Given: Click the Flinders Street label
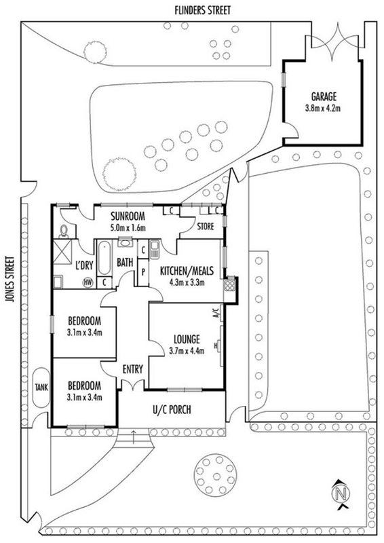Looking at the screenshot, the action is point(203,10).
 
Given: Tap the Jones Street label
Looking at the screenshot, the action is point(11,279).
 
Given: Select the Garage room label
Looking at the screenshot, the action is point(324,96).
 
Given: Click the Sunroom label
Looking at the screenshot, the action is point(128,217).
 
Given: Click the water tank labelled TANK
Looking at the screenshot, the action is point(41,387).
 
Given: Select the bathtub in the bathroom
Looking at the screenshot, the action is point(104,259).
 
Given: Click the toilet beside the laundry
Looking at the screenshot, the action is point(64,231).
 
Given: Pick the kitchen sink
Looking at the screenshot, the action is point(155,249).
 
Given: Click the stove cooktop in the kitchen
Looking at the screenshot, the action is point(229,284).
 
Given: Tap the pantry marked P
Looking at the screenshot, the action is point(143,272).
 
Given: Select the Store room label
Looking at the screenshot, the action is point(206,227).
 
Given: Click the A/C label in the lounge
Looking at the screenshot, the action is point(216,313).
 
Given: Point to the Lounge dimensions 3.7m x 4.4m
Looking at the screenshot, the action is point(187,351).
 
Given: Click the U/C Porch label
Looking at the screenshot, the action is point(172,410).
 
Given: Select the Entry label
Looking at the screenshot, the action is point(132,369).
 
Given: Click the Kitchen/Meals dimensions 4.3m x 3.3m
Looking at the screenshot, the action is point(187,282).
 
